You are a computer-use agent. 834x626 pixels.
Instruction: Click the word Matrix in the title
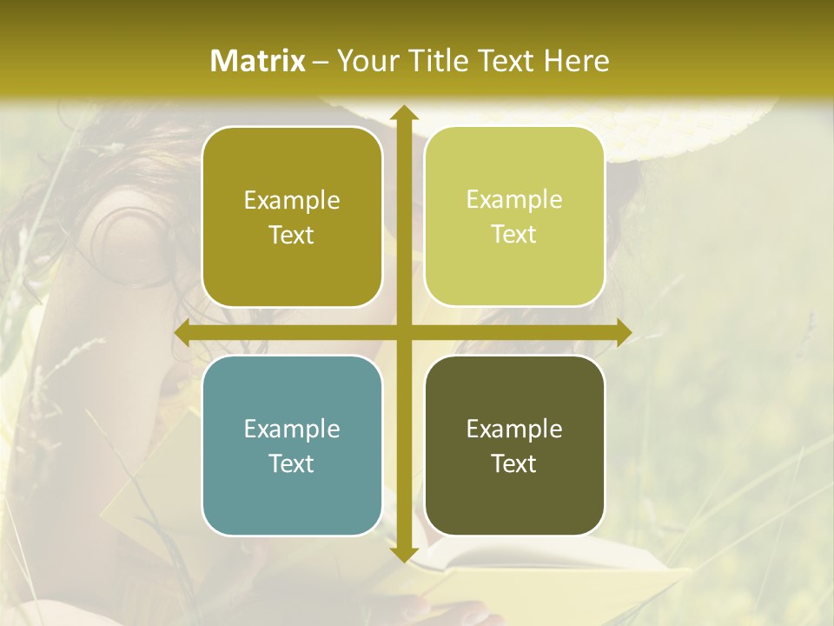(258, 61)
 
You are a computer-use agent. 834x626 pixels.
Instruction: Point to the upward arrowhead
(403, 113)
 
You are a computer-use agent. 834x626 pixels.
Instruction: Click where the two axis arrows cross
(403, 332)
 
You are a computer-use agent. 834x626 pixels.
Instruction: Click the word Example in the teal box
(292, 429)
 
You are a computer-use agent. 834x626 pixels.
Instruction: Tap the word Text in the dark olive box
(514, 463)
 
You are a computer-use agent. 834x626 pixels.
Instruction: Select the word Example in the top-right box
(514, 200)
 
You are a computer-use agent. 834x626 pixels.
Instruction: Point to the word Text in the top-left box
(292, 236)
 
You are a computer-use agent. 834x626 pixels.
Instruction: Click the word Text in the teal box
(292, 463)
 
